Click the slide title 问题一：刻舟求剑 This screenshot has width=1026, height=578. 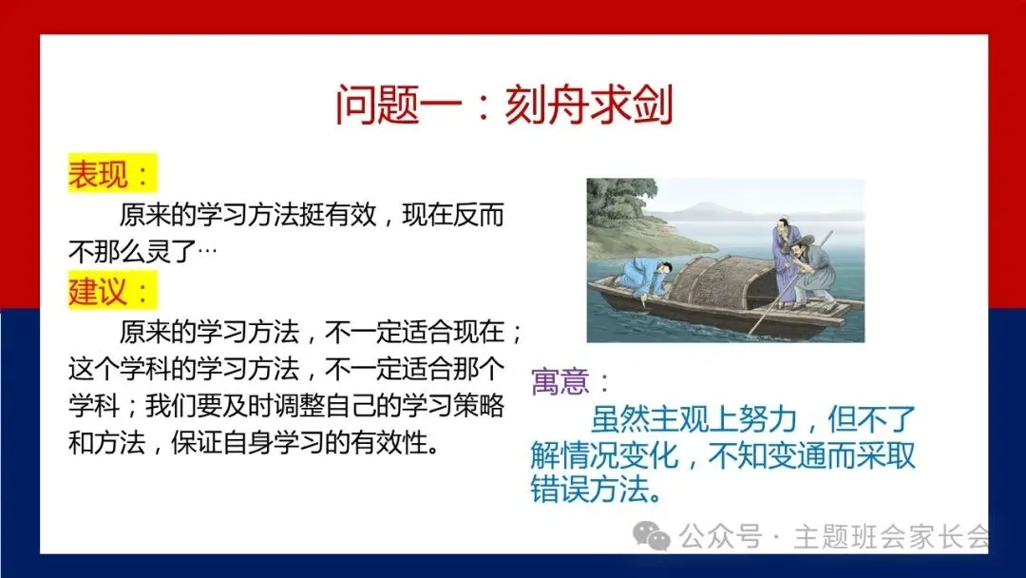(x=503, y=105)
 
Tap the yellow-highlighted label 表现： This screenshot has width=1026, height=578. (x=112, y=173)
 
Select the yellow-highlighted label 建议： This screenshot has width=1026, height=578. (x=112, y=291)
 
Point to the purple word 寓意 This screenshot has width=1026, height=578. (x=560, y=381)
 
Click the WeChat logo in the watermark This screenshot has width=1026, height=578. (x=651, y=536)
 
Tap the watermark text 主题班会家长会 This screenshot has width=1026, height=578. (x=892, y=537)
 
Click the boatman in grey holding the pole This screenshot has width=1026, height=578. (x=811, y=272)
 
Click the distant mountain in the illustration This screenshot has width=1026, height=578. (x=707, y=211)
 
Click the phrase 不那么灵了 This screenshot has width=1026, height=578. (x=131, y=251)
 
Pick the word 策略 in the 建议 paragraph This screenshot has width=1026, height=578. (x=478, y=406)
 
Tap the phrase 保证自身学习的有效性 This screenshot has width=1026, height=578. (x=298, y=443)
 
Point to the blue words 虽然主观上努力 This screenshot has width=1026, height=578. (x=693, y=419)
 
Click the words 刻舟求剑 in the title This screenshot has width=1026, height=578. (x=589, y=105)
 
